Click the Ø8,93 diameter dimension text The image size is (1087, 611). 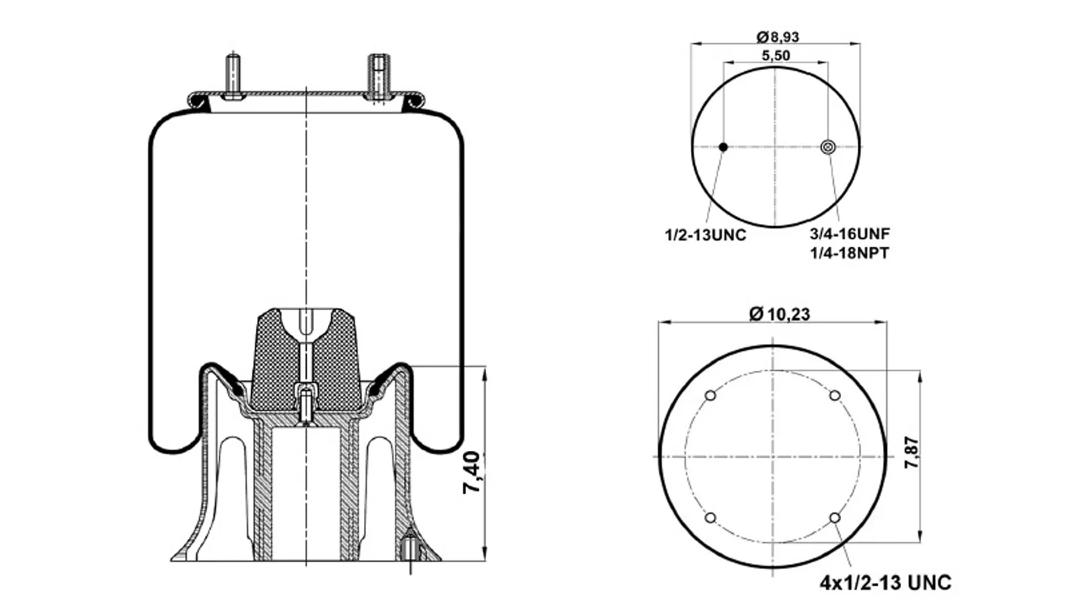(x=777, y=37)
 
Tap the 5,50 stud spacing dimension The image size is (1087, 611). (x=776, y=56)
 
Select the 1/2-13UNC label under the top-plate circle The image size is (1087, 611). (x=705, y=235)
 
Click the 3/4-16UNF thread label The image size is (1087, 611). (x=850, y=234)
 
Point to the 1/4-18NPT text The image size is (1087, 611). (x=850, y=253)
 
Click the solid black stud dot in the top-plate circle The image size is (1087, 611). (x=723, y=147)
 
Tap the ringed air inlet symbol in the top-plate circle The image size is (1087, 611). (x=828, y=147)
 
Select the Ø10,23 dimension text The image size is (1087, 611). (x=779, y=314)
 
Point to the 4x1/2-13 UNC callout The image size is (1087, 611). (x=886, y=583)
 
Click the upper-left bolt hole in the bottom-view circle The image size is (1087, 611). (x=710, y=396)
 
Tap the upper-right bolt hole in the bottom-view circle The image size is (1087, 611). (x=835, y=396)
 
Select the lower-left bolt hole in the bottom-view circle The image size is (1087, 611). (x=710, y=518)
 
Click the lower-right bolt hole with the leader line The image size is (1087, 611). (x=835, y=518)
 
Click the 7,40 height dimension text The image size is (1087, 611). (x=472, y=472)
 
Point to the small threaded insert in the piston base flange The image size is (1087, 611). (x=410, y=549)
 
